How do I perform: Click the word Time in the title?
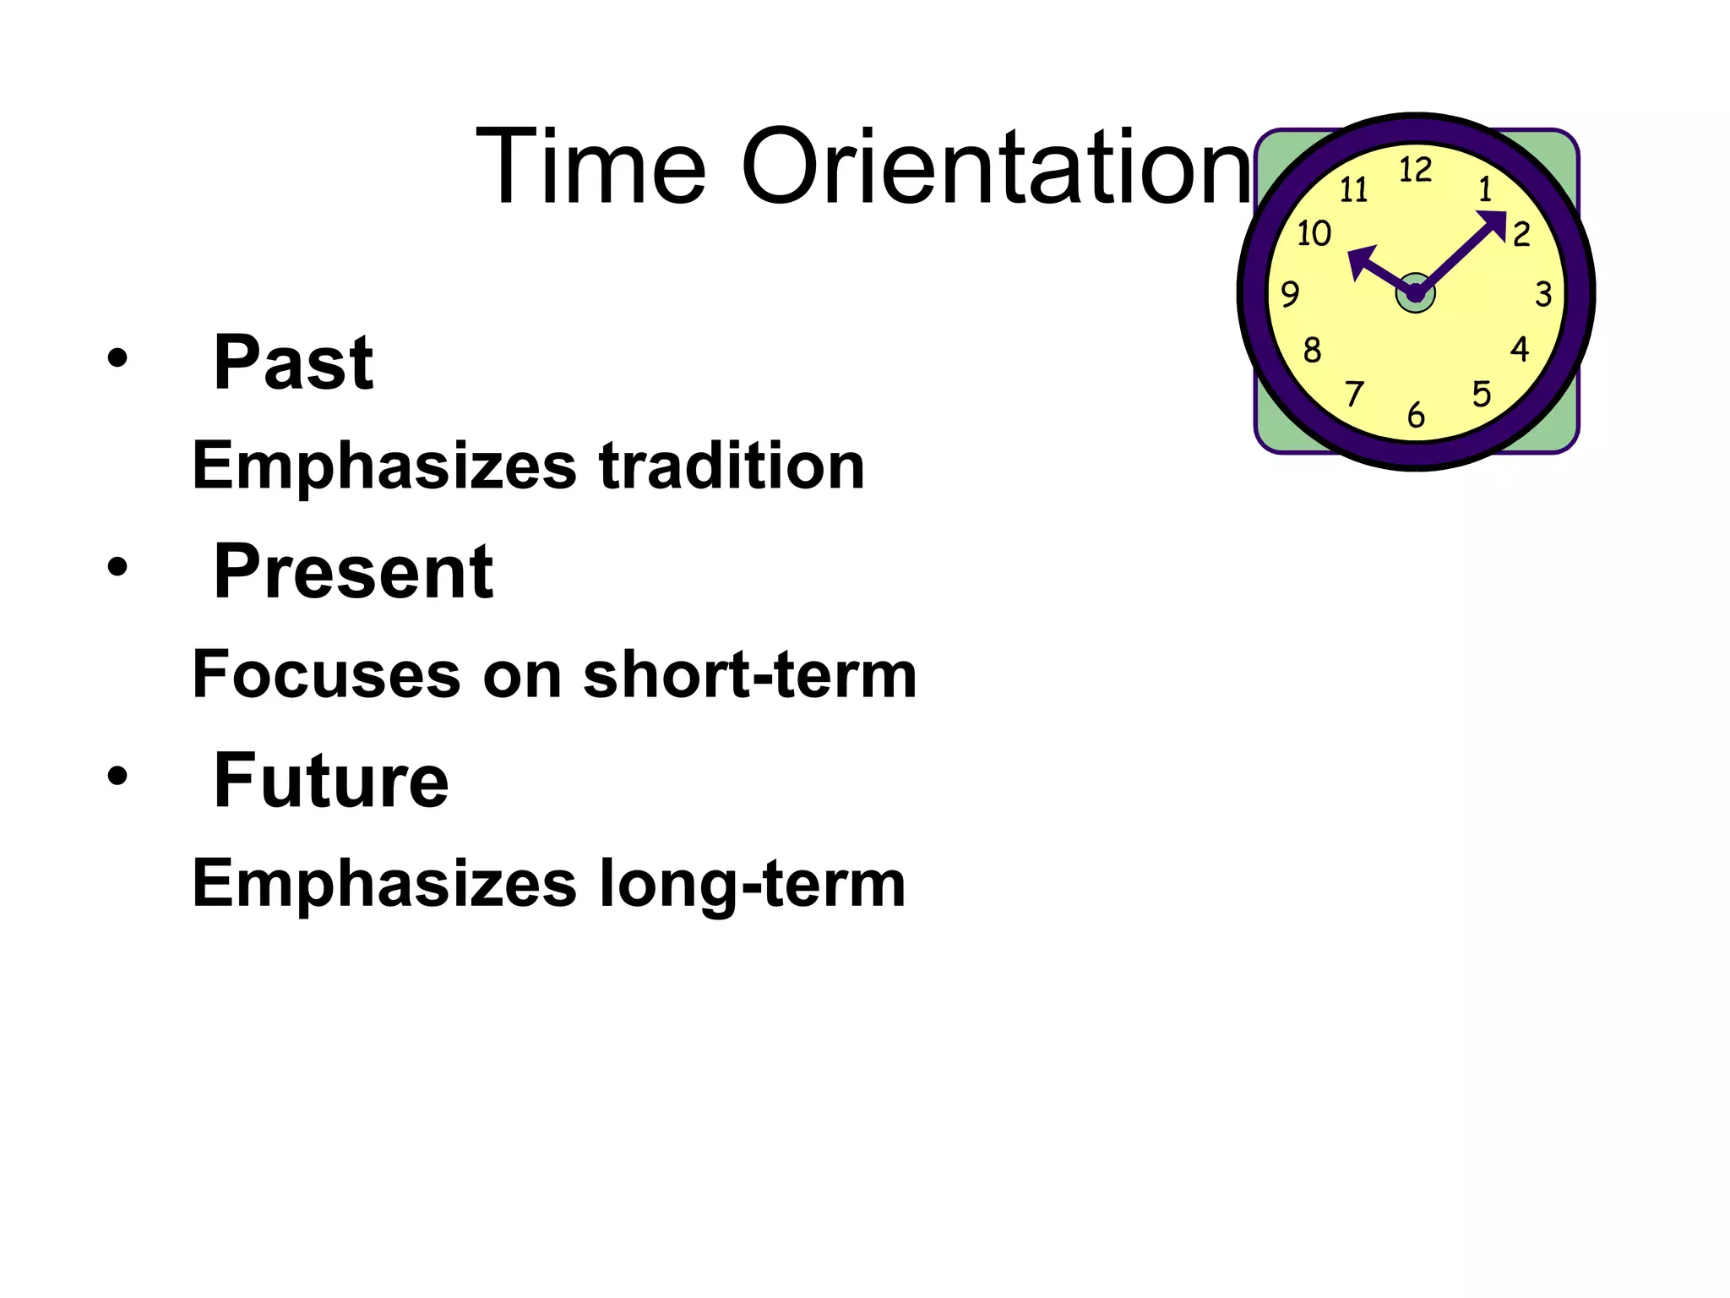(x=590, y=166)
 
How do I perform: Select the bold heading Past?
(x=292, y=363)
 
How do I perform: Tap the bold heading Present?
(x=353, y=572)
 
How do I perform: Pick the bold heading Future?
(x=330, y=781)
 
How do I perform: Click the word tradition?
(x=732, y=466)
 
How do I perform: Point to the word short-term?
(x=749, y=675)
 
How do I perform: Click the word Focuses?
(x=326, y=675)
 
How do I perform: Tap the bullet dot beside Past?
(x=117, y=360)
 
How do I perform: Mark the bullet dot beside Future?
(x=117, y=776)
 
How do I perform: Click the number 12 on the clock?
(x=1416, y=171)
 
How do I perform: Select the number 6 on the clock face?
(x=1417, y=415)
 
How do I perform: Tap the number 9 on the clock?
(x=1290, y=294)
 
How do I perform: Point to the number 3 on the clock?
(x=1543, y=294)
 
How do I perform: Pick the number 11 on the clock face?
(x=1353, y=190)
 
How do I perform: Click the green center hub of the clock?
(x=1416, y=293)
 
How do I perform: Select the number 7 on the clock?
(x=1354, y=394)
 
